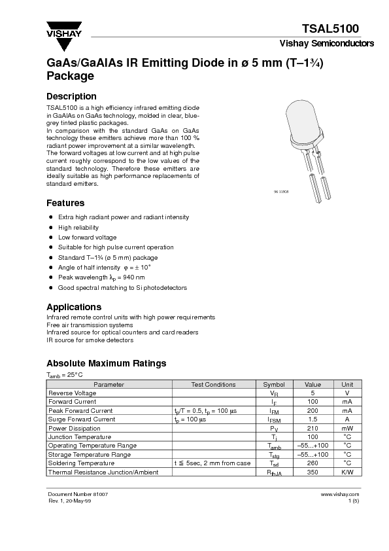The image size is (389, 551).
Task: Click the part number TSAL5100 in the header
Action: tap(330, 29)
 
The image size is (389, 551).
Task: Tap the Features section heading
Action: tap(65, 203)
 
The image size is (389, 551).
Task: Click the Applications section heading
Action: tap(74, 307)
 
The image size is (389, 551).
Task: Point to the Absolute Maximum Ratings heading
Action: tap(106, 363)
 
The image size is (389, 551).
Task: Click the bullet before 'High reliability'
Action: tap(51, 227)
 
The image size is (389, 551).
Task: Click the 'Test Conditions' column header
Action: tap(213, 385)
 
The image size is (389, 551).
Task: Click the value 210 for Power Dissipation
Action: tap(313, 428)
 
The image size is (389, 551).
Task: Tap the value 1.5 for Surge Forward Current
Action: tap(313, 419)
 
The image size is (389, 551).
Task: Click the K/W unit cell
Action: tap(347, 472)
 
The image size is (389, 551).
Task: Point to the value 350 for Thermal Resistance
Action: tap(313, 472)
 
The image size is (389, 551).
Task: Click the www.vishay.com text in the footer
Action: tap(341, 495)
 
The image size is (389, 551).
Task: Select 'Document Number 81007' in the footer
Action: tap(78, 495)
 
